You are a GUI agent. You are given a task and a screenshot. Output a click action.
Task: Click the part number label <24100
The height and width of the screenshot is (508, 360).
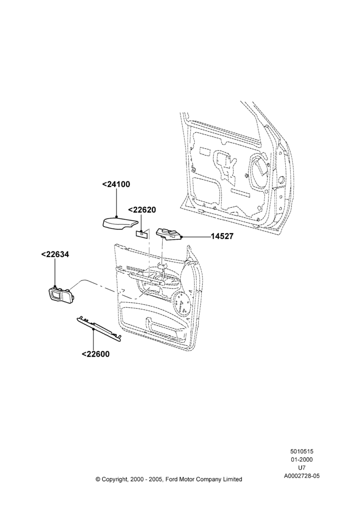point(116,184)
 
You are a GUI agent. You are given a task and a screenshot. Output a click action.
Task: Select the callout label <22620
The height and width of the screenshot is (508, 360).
point(142,210)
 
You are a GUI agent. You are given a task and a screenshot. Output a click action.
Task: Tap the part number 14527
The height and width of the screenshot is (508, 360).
point(222,237)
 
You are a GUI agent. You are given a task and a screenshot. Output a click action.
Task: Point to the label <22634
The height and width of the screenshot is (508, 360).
point(55,255)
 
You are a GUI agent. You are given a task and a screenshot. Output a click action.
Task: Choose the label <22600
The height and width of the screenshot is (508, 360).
point(96,354)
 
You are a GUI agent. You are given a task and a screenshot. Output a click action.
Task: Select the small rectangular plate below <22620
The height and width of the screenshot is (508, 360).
point(142,233)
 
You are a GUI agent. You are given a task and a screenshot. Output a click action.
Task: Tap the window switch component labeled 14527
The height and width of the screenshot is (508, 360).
point(169,234)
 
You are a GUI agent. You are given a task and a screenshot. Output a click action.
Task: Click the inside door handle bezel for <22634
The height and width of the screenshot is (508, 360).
point(61,294)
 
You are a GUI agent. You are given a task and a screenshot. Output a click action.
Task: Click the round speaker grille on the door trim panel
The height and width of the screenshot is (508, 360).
point(182,304)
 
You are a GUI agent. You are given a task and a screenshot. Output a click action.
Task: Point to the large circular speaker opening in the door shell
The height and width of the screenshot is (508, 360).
point(259,172)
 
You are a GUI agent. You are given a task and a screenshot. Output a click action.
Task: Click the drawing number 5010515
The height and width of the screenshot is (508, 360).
point(302,451)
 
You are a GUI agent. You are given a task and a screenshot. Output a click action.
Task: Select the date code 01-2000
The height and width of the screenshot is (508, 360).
point(302,459)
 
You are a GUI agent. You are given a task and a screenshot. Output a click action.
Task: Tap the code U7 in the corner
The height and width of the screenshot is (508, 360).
point(302,467)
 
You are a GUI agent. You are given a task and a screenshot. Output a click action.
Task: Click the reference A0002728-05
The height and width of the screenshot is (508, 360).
point(302,476)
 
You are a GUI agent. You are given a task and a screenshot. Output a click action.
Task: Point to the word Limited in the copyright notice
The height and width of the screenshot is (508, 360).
point(232,479)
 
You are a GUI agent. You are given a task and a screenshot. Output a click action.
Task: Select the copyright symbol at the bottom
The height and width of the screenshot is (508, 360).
point(98,479)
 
